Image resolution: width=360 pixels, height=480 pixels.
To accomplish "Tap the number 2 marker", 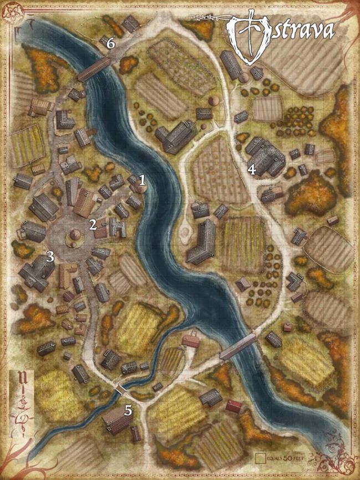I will point(94,224).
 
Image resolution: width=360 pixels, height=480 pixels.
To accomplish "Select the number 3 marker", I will point(50,256).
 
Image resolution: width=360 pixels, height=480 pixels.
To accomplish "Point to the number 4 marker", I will point(251,170).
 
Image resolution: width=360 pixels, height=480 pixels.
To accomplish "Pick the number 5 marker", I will point(128,410).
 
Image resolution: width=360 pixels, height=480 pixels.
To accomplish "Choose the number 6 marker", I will point(110,43).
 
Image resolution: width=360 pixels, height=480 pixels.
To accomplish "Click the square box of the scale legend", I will point(261,458).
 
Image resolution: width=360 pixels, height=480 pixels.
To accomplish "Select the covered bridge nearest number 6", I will point(94,69).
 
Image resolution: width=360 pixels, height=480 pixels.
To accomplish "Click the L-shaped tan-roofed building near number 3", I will point(67,274).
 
